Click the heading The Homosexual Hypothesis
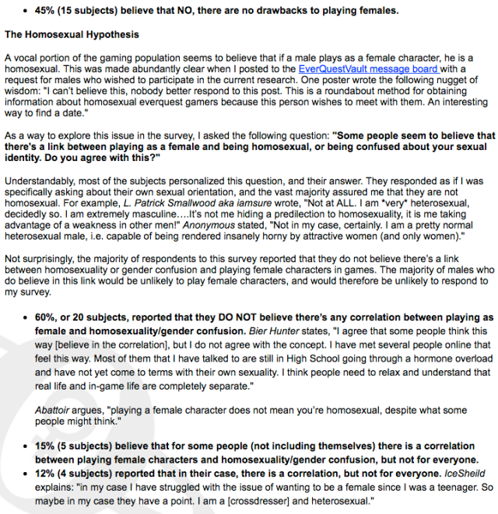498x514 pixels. (72, 35)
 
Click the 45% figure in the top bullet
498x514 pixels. (44, 10)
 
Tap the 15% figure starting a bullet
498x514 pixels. (47, 446)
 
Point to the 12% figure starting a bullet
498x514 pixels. (47, 471)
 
